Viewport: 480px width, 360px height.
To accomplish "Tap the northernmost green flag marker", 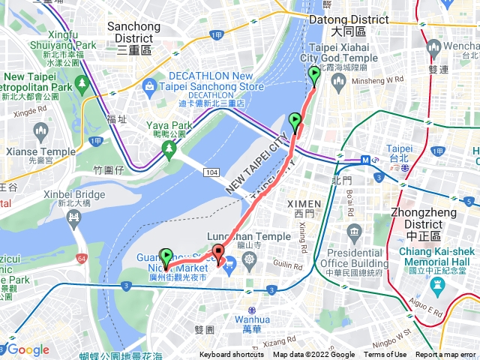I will [x=313, y=75].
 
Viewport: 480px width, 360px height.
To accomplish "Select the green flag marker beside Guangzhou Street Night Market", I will [x=166, y=257].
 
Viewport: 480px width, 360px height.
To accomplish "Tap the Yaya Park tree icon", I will [x=169, y=149].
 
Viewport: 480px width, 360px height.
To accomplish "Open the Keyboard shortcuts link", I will [x=231, y=355].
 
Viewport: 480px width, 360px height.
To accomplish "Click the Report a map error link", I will [x=447, y=355].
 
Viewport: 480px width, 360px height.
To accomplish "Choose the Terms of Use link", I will [x=385, y=355].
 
